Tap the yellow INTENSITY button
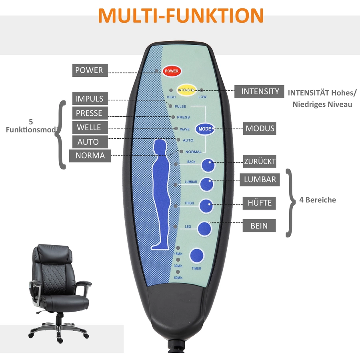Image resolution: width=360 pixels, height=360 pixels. coord(186,90)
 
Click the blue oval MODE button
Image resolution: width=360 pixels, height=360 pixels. coord(205,129)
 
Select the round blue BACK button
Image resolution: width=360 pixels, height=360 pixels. coord(208,165)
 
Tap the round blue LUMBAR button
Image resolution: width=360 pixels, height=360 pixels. coord(207,184)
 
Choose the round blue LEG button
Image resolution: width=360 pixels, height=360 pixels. coord(204,229)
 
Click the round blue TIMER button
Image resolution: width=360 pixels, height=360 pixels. coord(197,256)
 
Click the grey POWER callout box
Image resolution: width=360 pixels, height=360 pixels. coord(90,70)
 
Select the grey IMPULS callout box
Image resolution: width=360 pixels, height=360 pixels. coord(90,99)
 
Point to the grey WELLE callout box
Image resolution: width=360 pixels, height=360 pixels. coord(90,128)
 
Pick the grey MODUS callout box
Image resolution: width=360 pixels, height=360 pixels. coord(260,128)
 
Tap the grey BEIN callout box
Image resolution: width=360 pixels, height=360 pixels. coord(259,226)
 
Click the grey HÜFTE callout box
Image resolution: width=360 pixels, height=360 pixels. coord(259,203)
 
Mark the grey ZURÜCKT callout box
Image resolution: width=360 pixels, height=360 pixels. coord(260,161)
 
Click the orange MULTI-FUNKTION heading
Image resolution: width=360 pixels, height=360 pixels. coord(181,16)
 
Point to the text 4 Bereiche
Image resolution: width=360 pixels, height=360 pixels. coord(318,200)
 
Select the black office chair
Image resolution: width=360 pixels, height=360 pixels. coord(60,294)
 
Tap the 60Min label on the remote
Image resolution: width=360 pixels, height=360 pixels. coord(178,278)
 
